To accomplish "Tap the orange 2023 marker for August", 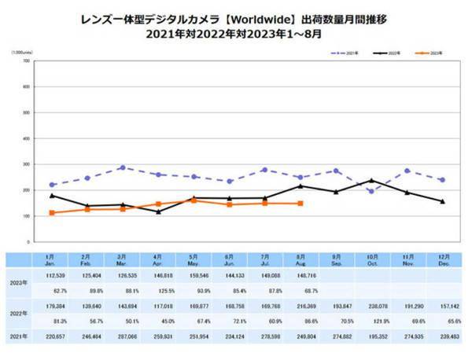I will tap(300, 204).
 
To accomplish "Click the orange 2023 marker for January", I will tap(52, 213).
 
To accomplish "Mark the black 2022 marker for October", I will tap(371, 181).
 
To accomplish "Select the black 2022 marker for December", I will tap(443, 201).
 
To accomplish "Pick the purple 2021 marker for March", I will tap(123, 167).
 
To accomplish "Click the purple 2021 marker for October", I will tap(371, 192).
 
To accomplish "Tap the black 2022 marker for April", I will tap(158, 211).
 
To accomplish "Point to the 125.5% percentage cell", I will tap(158, 289).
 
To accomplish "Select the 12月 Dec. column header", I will tap(443, 260).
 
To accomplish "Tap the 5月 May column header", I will tap(194, 260).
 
